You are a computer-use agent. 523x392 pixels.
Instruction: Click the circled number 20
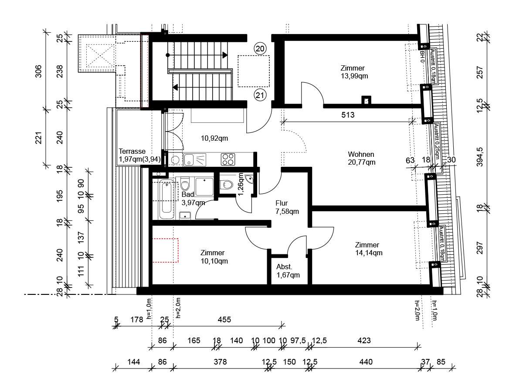[260, 49]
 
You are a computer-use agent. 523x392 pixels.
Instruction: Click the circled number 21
[260, 95]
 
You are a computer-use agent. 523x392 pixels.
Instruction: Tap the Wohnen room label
[361, 154]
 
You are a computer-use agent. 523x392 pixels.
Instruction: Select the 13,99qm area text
[354, 76]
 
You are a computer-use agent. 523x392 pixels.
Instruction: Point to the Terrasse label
[132, 151]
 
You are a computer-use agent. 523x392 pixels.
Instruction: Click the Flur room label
[282, 203]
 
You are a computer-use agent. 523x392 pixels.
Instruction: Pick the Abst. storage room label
[284, 267]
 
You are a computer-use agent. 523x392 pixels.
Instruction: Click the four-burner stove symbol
[228, 159]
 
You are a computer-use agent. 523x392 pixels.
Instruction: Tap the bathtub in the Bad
[166, 199]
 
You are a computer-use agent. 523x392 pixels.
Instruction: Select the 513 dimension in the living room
[348, 115]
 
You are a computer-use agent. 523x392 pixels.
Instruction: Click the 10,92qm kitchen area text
[214, 138]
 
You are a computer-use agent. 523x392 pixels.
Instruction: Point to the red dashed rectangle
[165, 250]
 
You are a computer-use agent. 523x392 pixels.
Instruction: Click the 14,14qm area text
[369, 253]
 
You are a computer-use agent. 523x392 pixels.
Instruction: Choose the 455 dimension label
[224, 319]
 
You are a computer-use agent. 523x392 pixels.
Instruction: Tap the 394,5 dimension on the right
[480, 157]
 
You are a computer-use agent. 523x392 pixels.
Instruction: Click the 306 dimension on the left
[38, 71]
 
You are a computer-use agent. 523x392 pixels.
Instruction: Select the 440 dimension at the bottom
[366, 362]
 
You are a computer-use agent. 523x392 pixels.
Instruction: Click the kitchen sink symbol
[194, 159]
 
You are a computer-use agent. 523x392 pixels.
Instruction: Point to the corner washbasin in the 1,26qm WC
[249, 179]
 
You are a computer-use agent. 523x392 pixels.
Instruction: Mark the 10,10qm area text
[214, 261]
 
